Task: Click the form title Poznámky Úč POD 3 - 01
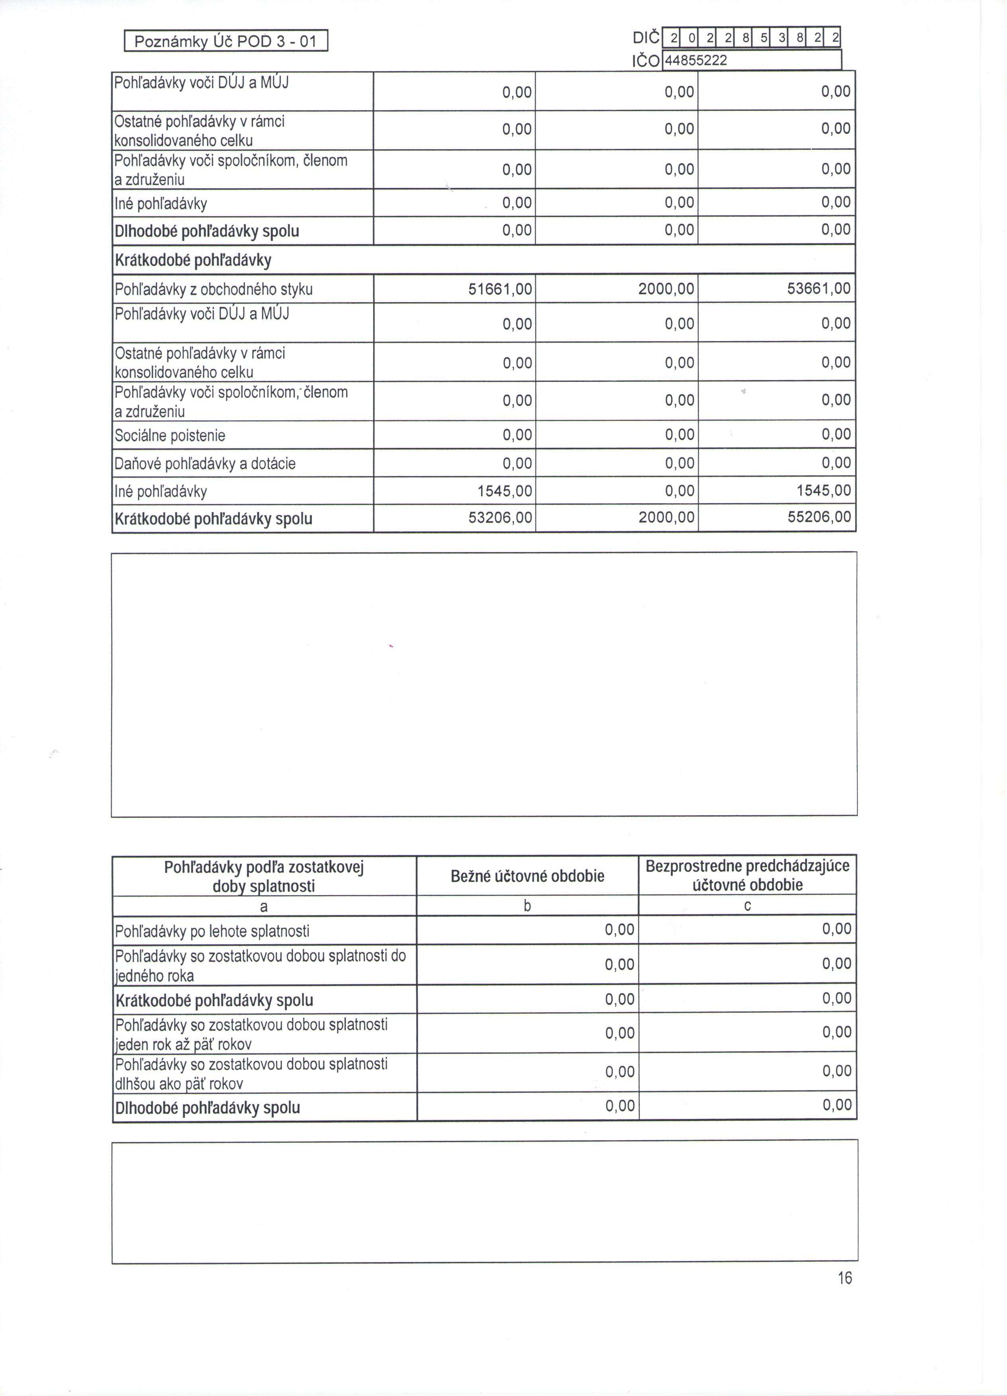point(225,42)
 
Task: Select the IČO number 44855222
point(695,61)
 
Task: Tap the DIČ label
point(645,38)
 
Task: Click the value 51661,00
point(500,289)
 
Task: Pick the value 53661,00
point(819,289)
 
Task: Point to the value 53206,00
point(500,517)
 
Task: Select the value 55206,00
point(819,517)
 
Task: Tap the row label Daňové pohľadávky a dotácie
point(205,463)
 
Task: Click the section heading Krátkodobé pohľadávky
point(193,260)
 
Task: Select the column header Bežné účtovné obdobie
point(527,876)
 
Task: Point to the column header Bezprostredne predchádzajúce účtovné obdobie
point(747,875)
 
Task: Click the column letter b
point(527,906)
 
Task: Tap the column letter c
point(747,906)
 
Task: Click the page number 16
point(844,1279)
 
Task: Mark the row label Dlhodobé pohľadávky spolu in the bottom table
point(208,1108)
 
